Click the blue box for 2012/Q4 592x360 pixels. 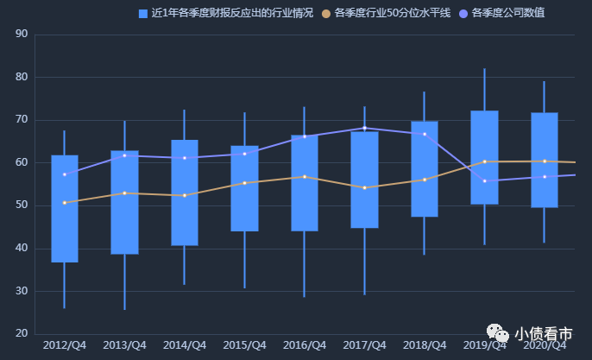pyautogui.click(x=65, y=208)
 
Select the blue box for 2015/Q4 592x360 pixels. pyautogui.click(x=244, y=188)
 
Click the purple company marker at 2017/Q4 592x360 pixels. pyautogui.click(x=364, y=128)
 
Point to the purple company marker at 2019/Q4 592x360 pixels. pyautogui.click(x=484, y=180)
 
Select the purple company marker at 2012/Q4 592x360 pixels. pyautogui.click(x=65, y=174)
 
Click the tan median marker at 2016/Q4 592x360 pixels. pyautogui.click(x=304, y=177)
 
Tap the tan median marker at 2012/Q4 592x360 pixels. pyautogui.click(x=65, y=203)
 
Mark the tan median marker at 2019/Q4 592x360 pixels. pyautogui.click(x=484, y=161)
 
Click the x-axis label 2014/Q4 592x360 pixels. pyautogui.click(x=185, y=345)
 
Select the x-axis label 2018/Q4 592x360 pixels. pyautogui.click(x=425, y=345)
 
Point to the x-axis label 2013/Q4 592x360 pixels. pyautogui.click(x=124, y=345)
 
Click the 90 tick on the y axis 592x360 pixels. pyautogui.click(x=22, y=35)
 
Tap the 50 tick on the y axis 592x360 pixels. pyautogui.click(x=22, y=205)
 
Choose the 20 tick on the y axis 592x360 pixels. pyautogui.click(x=22, y=334)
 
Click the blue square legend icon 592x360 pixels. pyautogui.click(x=143, y=14)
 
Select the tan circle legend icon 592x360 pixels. pyautogui.click(x=326, y=14)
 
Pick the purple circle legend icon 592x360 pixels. pyautogui.click(x=464, y=14)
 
